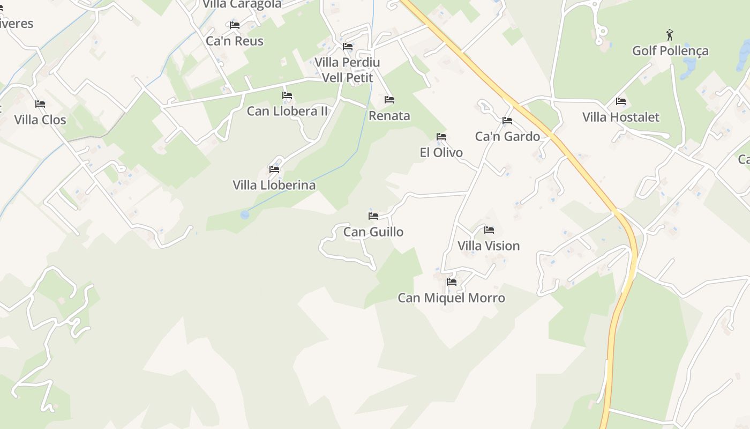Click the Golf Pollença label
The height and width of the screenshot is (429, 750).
[670, 51]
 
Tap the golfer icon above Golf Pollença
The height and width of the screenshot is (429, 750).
[670, 35]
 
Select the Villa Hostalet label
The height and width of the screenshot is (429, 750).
[620, 117]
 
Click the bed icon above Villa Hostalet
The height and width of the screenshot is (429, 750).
[621, 101]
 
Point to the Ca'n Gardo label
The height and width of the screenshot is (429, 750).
[507, 136]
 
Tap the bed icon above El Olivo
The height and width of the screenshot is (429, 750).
[441, 137]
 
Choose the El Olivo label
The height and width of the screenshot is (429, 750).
[441, 152]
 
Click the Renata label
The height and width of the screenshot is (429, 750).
[389, 115]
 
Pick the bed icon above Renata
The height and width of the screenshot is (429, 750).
[389, 100]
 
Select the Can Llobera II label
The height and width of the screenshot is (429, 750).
[287, 111]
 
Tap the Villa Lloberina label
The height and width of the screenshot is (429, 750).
[274, 185]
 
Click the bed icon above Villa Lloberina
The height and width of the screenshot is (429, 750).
[274, 169]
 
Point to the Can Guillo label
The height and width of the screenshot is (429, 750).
[373, 232]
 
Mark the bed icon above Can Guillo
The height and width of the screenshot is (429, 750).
[373, 216]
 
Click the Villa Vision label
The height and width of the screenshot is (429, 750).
[489, 246]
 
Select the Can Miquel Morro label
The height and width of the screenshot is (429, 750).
[451, 298]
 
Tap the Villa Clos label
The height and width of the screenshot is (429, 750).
[40, 120]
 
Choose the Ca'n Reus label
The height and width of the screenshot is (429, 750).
[235, 41]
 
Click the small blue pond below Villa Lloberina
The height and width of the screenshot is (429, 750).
[245, 214]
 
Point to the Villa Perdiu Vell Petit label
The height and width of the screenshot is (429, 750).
[347, 70]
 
